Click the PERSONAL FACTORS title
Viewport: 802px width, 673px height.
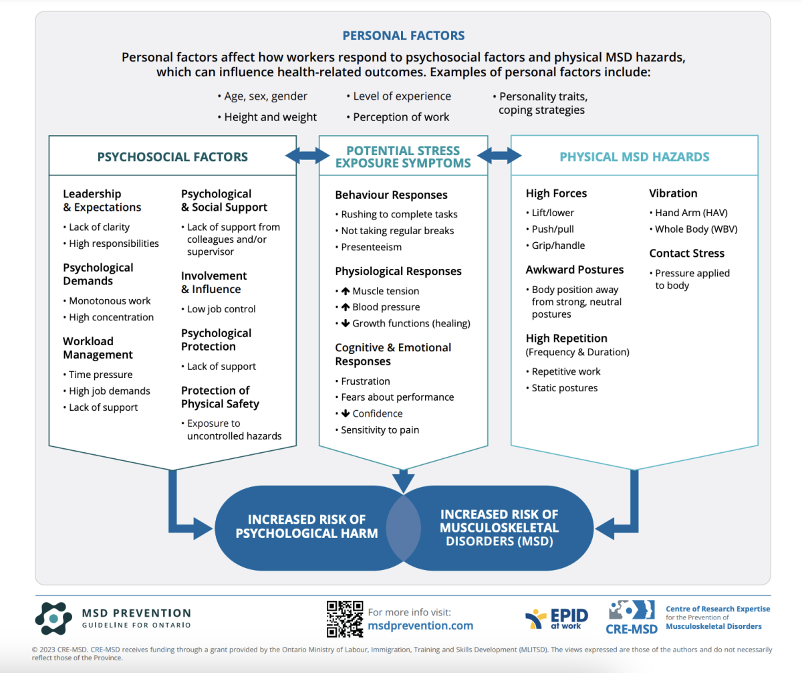pos(403,35)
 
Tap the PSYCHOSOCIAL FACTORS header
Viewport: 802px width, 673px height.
pos(172,157)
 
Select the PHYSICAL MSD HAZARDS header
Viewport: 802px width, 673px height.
pos(634,157)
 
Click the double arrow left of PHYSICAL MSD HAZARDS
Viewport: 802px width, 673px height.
pos(499,155)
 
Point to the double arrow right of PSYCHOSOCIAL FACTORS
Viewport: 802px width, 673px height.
pos(307,155)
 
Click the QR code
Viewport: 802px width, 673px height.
pos(345,619)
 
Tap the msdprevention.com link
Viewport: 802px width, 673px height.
pos(420,626)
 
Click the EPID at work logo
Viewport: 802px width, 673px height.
pos(556,619)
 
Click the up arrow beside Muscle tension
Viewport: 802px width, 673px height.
pos(346,291)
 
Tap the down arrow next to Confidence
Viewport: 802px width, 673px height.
pos(346,413)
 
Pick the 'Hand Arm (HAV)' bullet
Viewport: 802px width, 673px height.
pos(688,213)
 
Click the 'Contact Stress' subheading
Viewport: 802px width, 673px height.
pos(687,253)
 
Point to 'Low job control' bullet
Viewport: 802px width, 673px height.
pos(218,309)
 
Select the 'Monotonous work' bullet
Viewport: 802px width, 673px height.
pos(107,301)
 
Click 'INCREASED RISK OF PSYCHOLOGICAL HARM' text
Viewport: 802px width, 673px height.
pos(307,526)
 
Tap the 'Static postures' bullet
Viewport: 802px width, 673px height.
pos(561,387)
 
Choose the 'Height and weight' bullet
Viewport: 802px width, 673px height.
pos(267,117)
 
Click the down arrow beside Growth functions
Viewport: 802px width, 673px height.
pos(346,323)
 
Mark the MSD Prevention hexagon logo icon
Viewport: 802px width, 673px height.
pos(53,618)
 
